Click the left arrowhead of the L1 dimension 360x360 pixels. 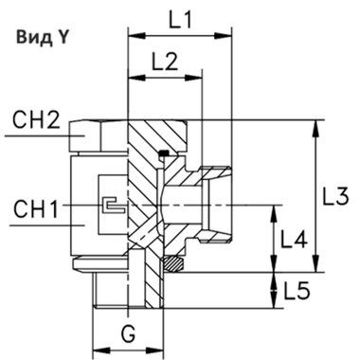click(x=132, y=36)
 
